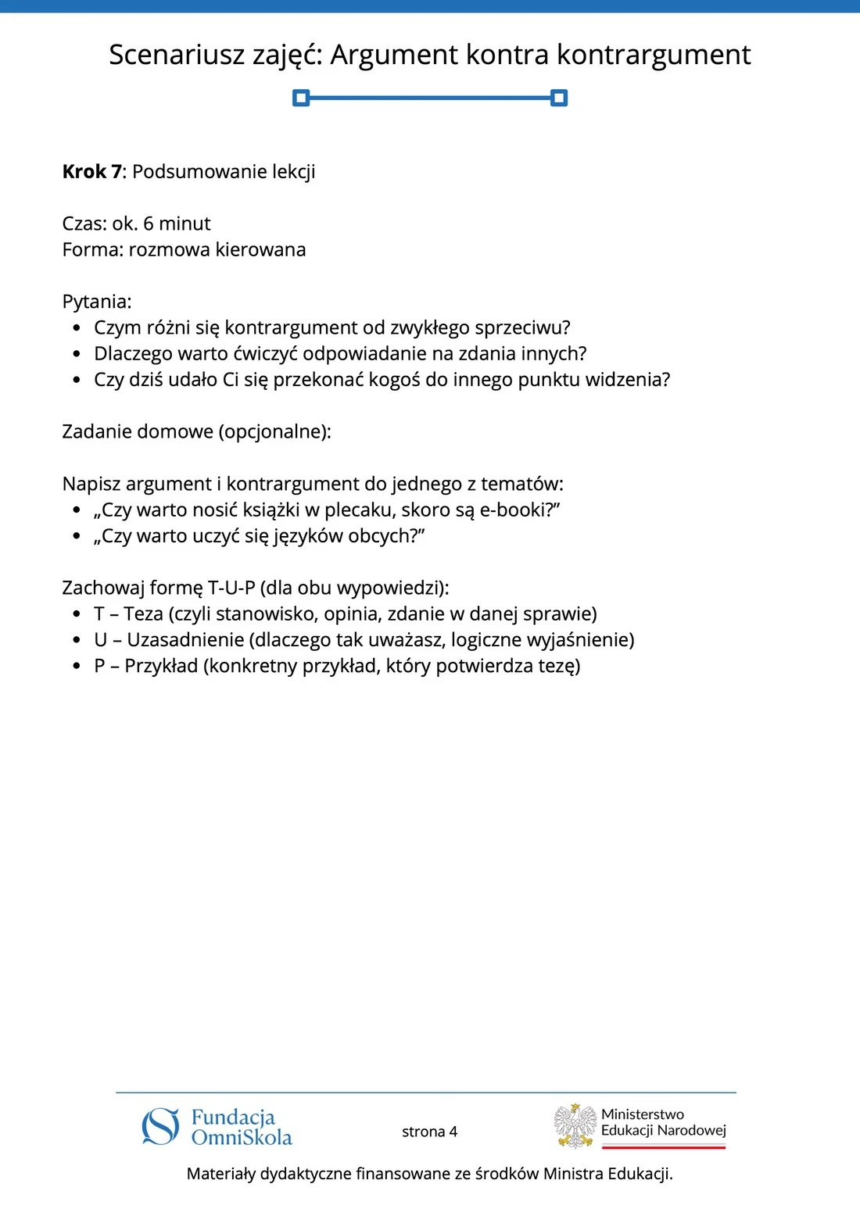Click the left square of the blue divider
[x=301, y=98]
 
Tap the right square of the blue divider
[x=559, y=98]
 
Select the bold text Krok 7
[x=91, y=172]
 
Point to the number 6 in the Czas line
[x=149, y=224]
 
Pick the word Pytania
[x=96, y=302]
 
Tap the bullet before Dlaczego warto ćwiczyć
[x=77, y=354]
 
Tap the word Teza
[x=143, y=614]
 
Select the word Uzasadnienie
[x=185, y=640]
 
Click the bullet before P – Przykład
[x=77, y=667]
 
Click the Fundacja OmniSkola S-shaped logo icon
[x=161, y=1126]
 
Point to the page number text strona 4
[x=429, y=1132]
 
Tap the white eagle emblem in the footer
[x=575, y=1125]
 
